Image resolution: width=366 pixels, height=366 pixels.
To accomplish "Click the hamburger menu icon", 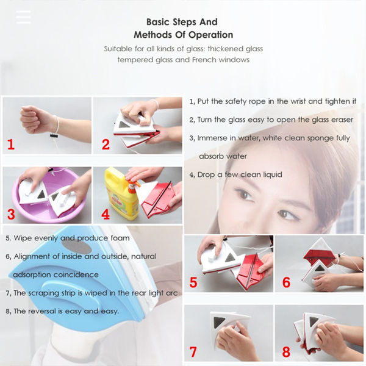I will click(23, 17).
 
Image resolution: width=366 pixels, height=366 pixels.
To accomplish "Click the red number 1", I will click(10, 145).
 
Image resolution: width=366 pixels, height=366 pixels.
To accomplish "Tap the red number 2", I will click(106, 145).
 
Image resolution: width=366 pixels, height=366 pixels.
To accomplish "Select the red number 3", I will click(10, 214).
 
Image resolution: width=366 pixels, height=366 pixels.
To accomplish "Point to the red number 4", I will click(106, 215).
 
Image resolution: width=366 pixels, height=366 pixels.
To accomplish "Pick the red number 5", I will click(193, 282).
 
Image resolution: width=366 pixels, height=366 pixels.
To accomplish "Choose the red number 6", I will click(285, 282).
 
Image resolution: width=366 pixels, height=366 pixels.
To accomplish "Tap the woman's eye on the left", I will click(244, 195).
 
